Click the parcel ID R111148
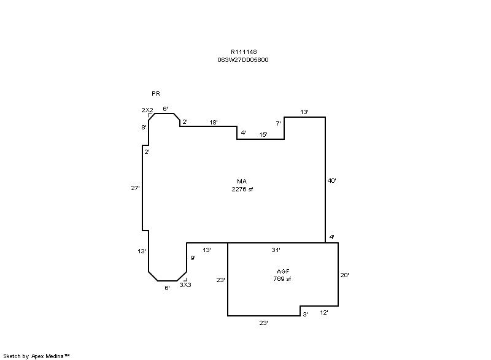pos(244,52)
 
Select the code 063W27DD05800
pos(243,59)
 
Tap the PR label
pos(156,93)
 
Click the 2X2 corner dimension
pos(147,110)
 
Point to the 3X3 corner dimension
pos(185,285)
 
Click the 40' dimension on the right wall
pos(331,180)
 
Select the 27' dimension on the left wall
pos(135,188)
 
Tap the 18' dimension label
pos(213,122)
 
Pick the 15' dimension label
pos(263,134)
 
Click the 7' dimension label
pos(278,123)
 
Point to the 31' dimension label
pos(276,250)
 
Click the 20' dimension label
pos(344,275)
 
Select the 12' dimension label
pos(324,312)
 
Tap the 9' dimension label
pos(193,258)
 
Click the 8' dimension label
pos(144,128)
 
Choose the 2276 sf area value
pos(242,190)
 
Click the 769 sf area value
pos(282,278)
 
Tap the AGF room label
pos(283,271)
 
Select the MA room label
pos(242,181)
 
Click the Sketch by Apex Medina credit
pos(36,356)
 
